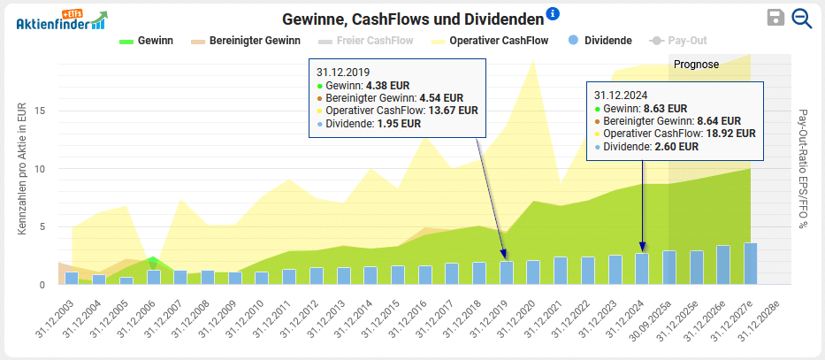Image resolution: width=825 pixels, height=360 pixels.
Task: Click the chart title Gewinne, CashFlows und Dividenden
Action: pyautogui.click(x=412, y=19)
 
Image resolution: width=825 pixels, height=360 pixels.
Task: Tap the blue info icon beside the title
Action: pyautogui.click(x=554, y=13)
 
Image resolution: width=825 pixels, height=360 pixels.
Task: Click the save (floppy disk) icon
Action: pyautogui.click(x=775, y=19)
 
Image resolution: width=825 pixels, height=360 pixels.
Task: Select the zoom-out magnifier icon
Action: pyautogui.click(x=802, y=19)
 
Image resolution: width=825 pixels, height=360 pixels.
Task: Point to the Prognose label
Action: pyautogui.click(x=697, y=65)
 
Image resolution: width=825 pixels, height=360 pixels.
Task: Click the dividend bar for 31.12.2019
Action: pyautogui.click(x=507, y=272)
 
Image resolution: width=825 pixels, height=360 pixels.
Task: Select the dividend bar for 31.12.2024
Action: pyautogui.click(x=642, y=269)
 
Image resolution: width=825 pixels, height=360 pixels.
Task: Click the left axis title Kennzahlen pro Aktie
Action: pyautogui.click(x=21, y=169)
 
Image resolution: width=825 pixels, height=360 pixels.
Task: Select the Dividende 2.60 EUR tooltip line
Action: pyautogui.click(x=651, y=147)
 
